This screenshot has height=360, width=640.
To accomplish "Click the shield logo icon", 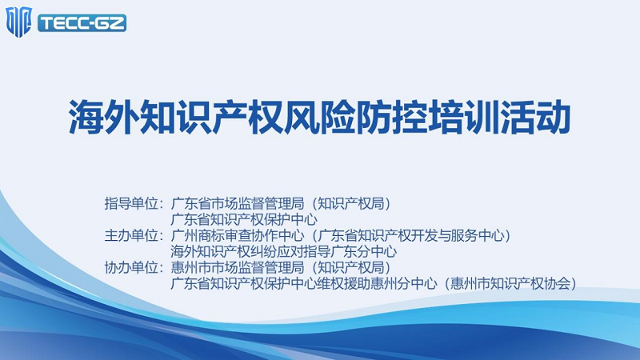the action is coord(18,22).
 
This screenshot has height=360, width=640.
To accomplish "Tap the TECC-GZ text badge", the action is coord(82,23).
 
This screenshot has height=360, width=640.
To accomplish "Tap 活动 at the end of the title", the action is coord(535,117).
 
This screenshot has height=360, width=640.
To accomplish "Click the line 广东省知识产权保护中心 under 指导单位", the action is coord(244,219).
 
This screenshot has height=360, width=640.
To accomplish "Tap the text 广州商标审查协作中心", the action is coord(238,235).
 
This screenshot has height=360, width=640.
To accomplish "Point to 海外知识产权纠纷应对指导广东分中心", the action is coord(284,251).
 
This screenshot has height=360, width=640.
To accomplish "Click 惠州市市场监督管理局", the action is coord(238,267).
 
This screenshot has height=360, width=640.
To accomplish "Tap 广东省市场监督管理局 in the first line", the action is coord(238,203).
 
